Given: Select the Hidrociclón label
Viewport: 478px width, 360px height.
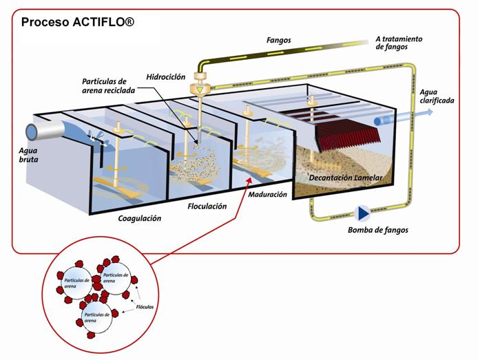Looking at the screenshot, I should click(x=163, y=77).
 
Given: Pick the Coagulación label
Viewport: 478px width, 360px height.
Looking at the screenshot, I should click(x=139, y=218).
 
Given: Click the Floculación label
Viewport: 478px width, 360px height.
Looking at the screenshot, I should click(x=207, y=206).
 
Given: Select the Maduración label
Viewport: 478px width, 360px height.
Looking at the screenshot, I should click(x=267, y=194).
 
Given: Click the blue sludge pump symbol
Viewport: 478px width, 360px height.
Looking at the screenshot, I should click(x=360, y=211).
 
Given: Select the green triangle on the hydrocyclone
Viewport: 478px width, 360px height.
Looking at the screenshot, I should click(x=200, y=89).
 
